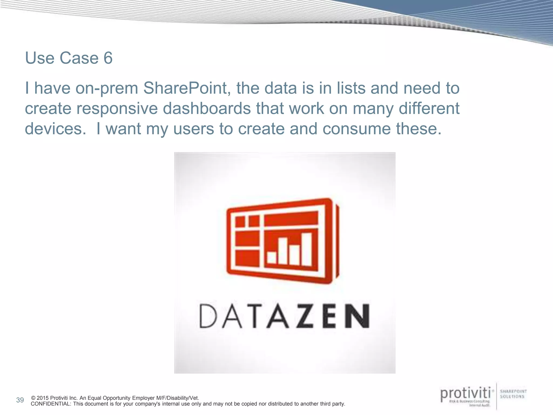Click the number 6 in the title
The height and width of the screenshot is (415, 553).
click(x=108, y=58)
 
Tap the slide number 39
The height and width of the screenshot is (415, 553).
click(x=20, y=400)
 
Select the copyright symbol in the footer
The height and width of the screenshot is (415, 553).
click(x=33, y=398)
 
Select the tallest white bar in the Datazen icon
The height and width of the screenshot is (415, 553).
click(x=306, y=249)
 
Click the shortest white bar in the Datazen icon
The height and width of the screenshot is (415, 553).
click(x=272, y=257)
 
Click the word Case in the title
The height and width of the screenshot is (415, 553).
click(x=79, y=58)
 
